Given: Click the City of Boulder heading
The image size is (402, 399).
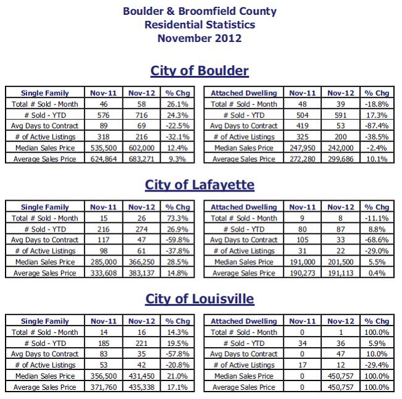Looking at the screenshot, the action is [199, 71].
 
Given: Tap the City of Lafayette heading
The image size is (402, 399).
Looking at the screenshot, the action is [199, 185].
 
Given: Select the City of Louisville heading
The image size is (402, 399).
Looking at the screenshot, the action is [199, 299].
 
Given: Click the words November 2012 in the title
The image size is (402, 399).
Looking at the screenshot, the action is [199, 38].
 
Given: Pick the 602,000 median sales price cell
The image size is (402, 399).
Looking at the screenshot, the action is [141, 148].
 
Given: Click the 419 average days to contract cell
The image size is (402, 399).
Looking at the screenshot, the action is [303, 126].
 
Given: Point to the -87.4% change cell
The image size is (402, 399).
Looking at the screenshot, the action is [377, 126].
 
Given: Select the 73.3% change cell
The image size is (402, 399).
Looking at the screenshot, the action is [177, 218].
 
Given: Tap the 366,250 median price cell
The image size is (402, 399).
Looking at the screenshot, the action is [141, 262].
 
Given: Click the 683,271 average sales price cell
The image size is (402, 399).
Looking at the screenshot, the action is [141, 159].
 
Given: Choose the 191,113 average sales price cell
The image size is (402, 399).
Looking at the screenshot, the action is [341, 274].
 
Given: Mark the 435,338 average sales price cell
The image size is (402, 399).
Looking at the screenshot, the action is [141, 387].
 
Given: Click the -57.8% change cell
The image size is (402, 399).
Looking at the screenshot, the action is [177, 354].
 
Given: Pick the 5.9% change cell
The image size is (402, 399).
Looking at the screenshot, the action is [377, 343].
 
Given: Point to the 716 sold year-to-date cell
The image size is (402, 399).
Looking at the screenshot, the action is [141, 115].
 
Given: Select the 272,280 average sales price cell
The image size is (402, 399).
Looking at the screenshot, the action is [303, 159].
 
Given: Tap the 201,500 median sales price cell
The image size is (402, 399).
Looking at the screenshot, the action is [341, 262].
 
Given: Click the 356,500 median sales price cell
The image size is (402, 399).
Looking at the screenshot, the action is [104, 376].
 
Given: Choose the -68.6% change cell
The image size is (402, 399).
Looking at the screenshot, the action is [377, 240].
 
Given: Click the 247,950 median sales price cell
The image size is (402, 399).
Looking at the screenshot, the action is [303, 148].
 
